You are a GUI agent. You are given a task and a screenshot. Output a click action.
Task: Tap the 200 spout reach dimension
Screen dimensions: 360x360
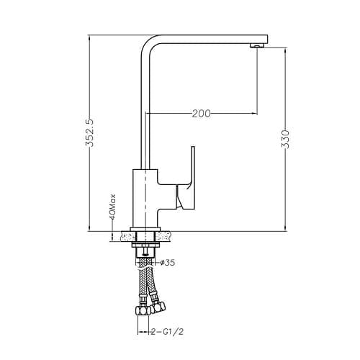pos(202,114)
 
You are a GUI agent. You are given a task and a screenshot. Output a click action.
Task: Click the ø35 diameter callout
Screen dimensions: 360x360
pos(167,263)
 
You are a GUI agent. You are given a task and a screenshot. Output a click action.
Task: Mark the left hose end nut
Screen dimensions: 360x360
pos(140,311)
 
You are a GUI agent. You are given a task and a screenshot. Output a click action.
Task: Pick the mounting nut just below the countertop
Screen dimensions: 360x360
pos(145,246)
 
